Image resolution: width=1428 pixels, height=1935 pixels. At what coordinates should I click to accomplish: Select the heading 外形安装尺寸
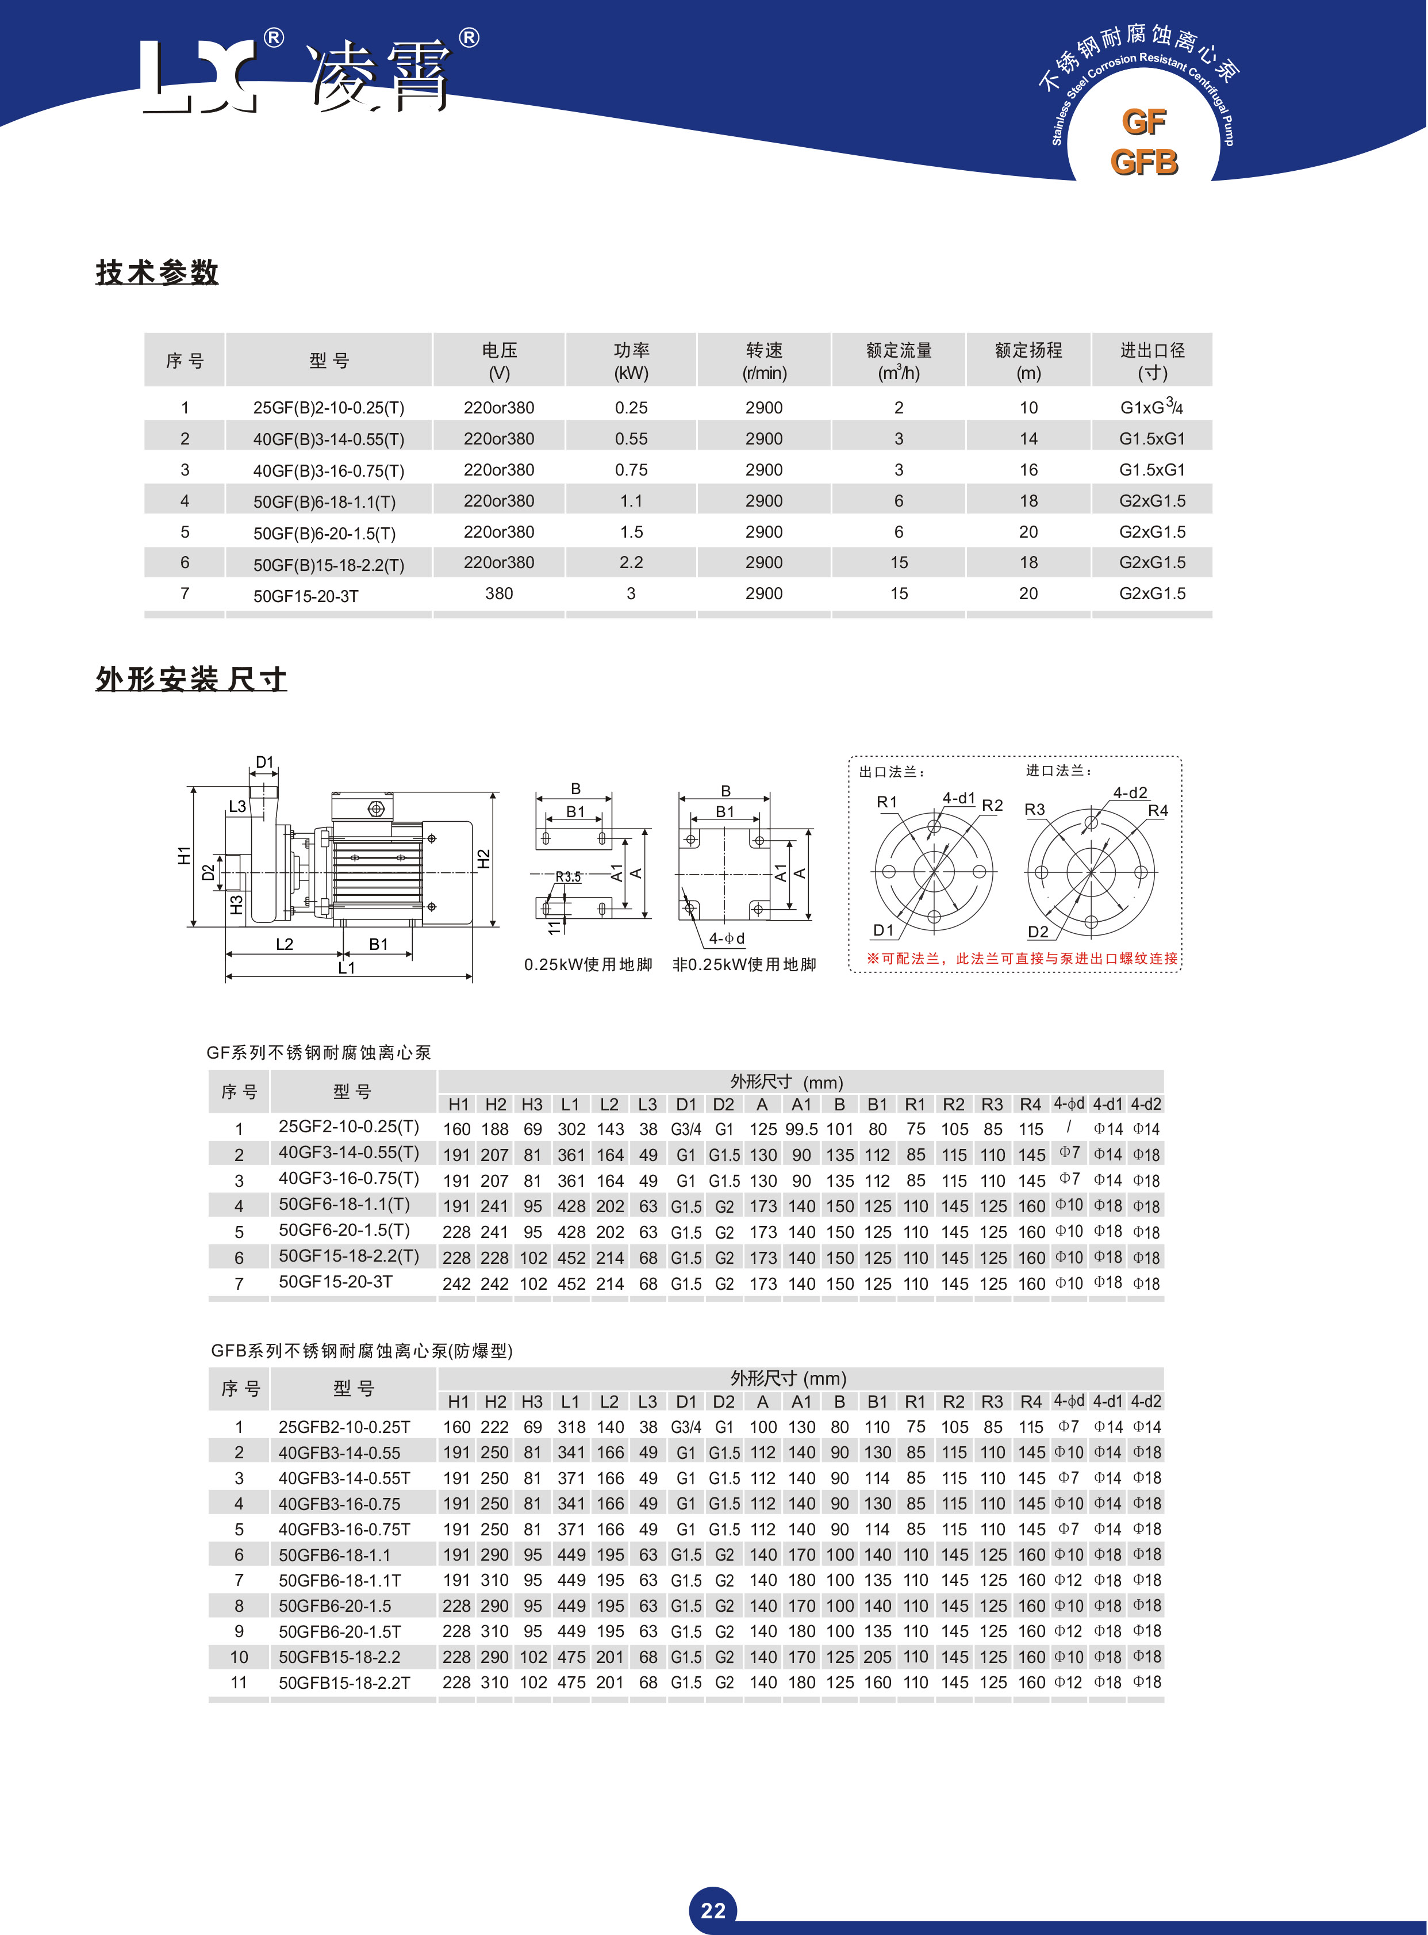(x=191, y=680)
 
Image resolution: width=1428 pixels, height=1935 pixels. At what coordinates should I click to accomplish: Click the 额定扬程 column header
(x=1028, y=361)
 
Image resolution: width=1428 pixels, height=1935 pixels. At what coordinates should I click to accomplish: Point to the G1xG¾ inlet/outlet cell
(x=1151, y=407)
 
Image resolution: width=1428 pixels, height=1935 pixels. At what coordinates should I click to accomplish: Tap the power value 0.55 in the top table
(x=631, y=438)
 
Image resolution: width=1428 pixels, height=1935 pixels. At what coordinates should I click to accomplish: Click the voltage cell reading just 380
(x=499, y=593)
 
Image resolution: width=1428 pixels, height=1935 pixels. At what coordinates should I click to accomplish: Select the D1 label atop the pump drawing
(x=264, y=762)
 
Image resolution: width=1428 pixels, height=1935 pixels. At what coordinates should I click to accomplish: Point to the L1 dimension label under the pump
(x=347, y=967)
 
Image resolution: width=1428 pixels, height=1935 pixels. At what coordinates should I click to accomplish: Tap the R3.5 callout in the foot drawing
(x=568, y=877)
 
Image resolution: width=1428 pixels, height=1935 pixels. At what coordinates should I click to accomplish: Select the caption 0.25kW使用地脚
(x=588, y=965)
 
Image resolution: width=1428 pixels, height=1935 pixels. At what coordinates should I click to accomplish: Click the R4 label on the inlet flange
(x=1157, y=810)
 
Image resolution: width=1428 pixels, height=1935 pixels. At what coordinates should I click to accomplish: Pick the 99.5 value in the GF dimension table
(x=801, y=1129)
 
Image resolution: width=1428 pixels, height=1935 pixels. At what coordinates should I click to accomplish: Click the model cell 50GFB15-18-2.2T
(x=344, y=1683)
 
